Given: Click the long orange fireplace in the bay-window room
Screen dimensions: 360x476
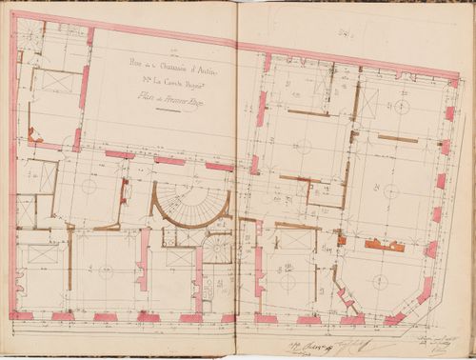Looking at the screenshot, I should click(x=384, y=245).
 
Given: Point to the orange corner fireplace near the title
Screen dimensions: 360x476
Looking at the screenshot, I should click(x=34, y=136).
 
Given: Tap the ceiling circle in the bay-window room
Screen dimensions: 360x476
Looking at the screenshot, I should click(x=379, y=281).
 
